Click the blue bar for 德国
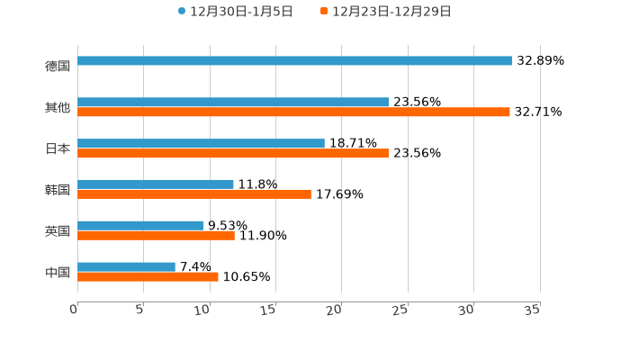(295, 61)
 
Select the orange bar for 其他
(293, 112)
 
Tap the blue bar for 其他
(233, 103)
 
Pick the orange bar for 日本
(233, 154)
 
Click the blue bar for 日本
(201, 143)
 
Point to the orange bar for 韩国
(194, 194)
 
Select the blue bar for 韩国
(156, 184)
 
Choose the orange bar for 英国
(156, 236)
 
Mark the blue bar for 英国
(140, 225)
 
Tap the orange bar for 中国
(148, 277)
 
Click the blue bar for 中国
(126, 266)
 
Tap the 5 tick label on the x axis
(140, 310)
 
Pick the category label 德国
(58, 66)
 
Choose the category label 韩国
(58, 190)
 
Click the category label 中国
(58, 272)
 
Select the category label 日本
(58, 148)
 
